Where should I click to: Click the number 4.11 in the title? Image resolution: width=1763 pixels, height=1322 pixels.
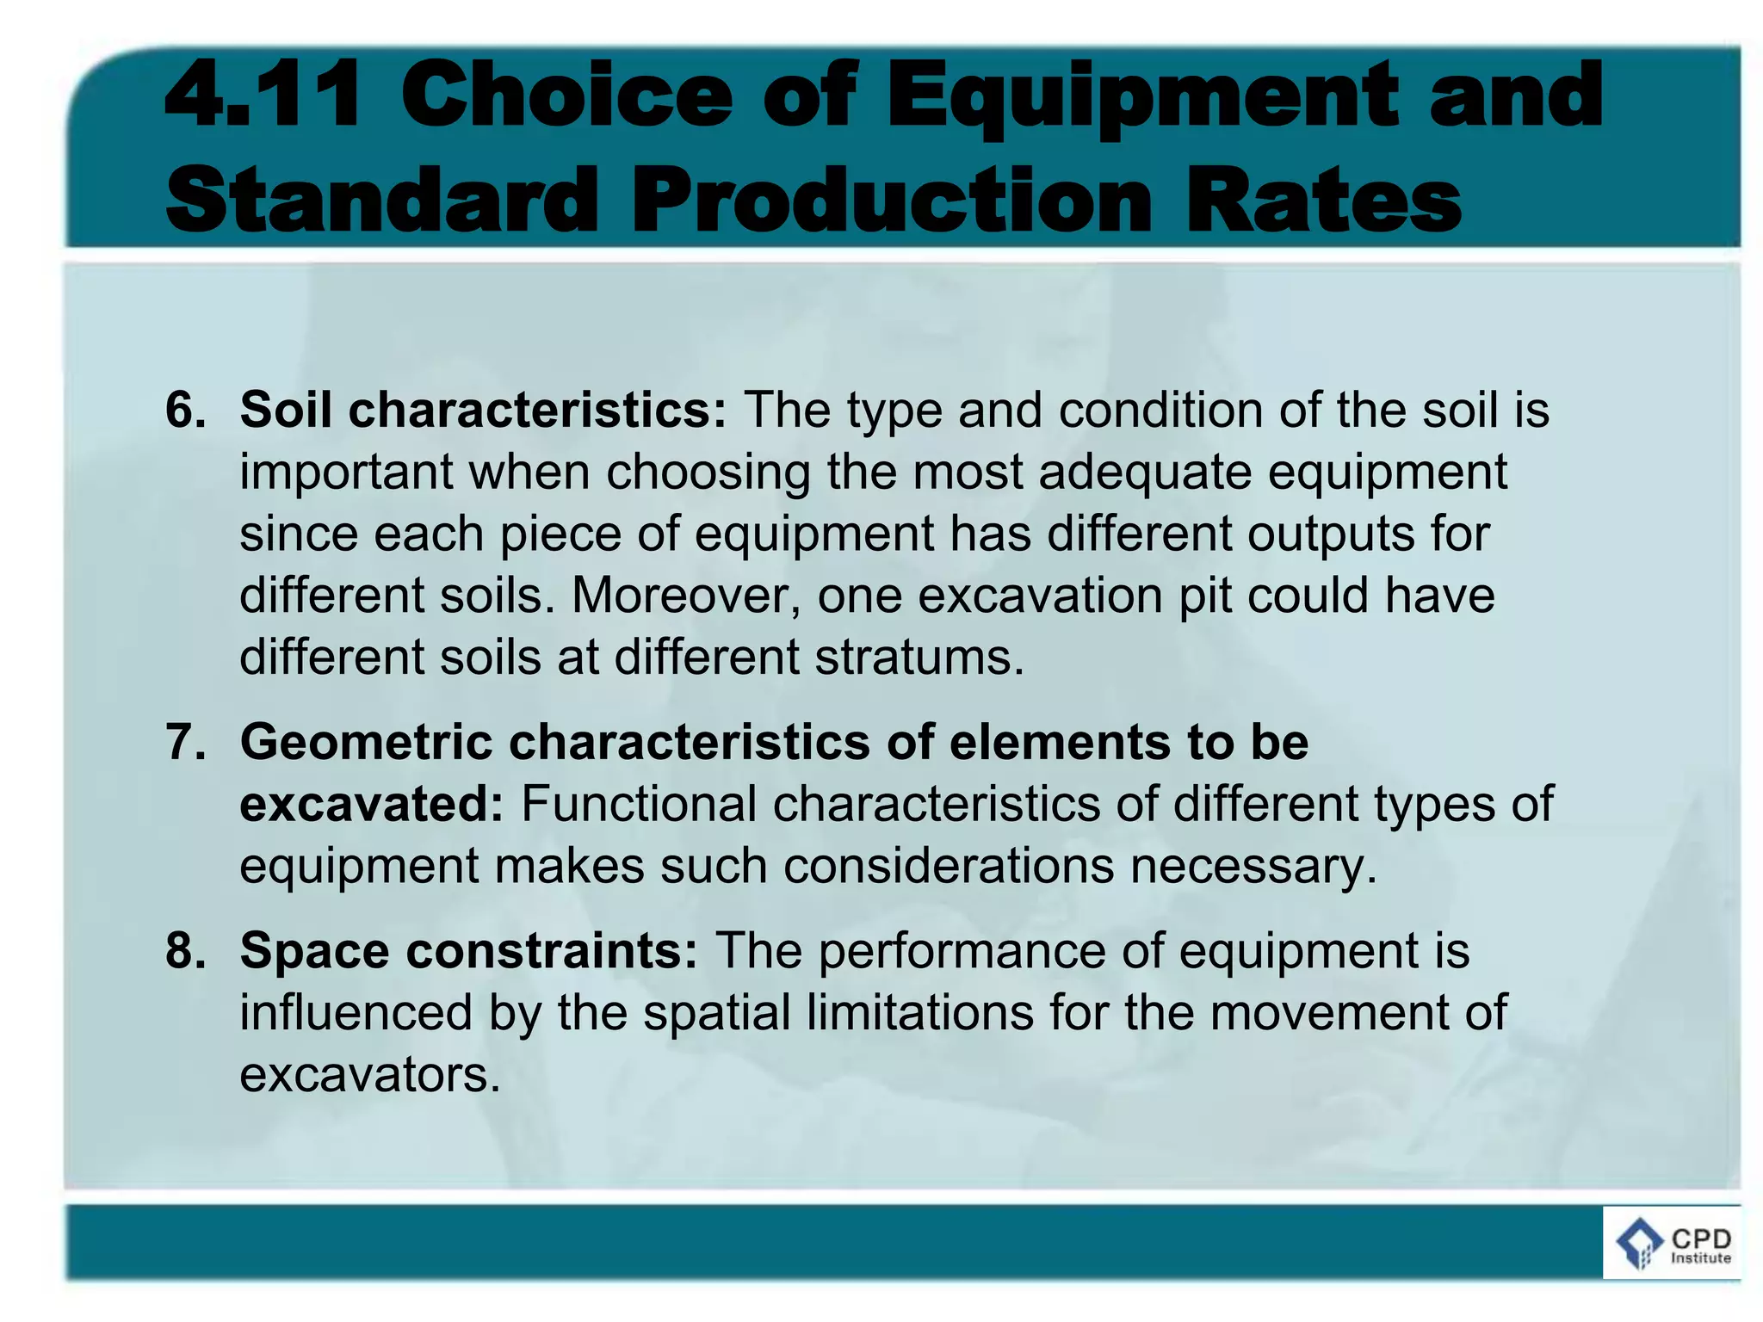[x=262, y=96]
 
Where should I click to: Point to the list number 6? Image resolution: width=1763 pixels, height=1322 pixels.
[x=185, y=410]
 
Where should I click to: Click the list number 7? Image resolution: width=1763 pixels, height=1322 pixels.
[x=185, y=742]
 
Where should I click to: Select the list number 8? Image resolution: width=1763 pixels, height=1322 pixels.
[x=185, y=951]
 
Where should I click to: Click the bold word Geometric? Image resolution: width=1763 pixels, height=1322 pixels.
[x=366, y=742]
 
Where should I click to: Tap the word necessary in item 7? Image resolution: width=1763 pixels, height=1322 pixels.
[x=1253, y=866]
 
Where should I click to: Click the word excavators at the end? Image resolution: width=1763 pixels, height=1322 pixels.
[x=369, y=1075]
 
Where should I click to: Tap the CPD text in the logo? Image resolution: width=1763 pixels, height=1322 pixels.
[x=1701, y=1239]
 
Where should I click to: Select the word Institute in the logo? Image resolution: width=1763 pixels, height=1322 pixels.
[x=1701, y=1258]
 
